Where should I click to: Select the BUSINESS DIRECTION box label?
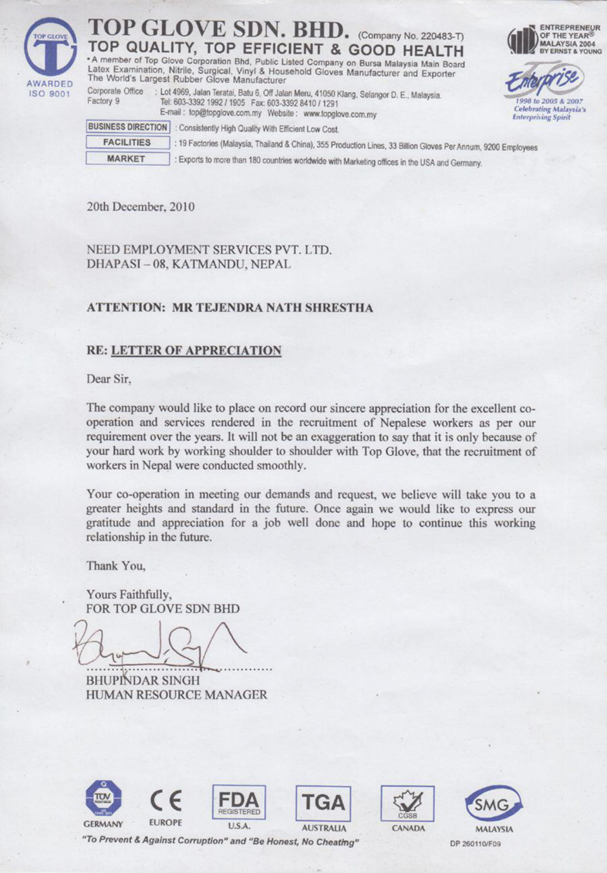click(x=128, y=127)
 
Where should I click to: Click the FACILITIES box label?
click(x=127, y=143)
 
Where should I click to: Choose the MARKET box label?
click(x=127, y=159)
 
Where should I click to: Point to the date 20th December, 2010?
click(x=140, y=207)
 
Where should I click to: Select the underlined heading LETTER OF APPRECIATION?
click(x=196, y=350)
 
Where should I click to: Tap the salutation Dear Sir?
click(x=108, y=379)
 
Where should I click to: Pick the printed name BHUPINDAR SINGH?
click(x=143, y=680)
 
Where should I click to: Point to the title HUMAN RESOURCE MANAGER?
click(x=176, y=695)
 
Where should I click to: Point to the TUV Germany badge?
click(x=103, y=799)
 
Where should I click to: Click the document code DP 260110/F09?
click(x=475, y=844)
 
